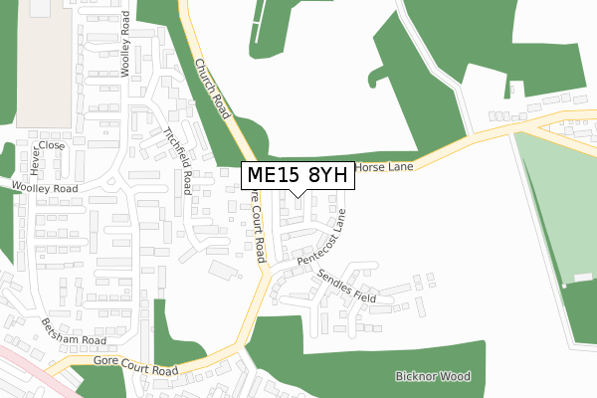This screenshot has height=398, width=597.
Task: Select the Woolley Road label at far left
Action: tap(45, 187)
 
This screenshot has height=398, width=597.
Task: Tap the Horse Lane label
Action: tap(383, 167)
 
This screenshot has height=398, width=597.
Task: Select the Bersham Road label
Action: tap(73, 331)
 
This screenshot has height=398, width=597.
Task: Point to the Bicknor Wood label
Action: tap(432, 377)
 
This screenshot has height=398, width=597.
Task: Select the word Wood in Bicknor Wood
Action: tap(454, 377)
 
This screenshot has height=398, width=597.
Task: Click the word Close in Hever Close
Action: tap(53, 145)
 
